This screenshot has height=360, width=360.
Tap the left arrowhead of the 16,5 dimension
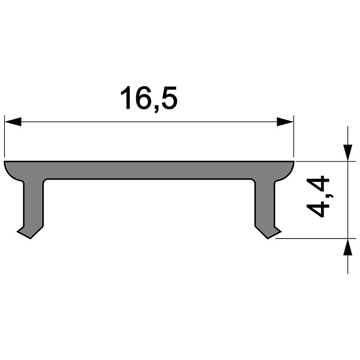click(13, 122)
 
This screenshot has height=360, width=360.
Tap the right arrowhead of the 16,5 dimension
click(285, 122)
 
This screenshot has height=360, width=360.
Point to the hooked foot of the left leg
click(28, 232)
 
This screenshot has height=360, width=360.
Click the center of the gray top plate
click(148, 170)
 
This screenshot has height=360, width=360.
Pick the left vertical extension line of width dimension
click(4, 139)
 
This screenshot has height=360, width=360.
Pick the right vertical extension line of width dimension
click(294, 139)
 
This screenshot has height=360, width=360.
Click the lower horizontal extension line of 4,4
click(315, 239)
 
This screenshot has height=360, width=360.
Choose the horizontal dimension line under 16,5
click(148, 122)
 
